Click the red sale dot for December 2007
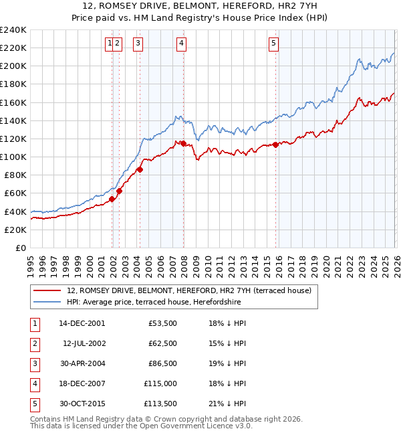[x=183, y=143]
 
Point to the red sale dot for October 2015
[x=276, y=145]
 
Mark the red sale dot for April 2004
[x=140, y=169]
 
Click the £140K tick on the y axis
[x=13, y=120]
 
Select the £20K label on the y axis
[x=15, y=230]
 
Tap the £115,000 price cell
[x=160, y=384]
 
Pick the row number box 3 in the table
[x=33, y=363]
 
